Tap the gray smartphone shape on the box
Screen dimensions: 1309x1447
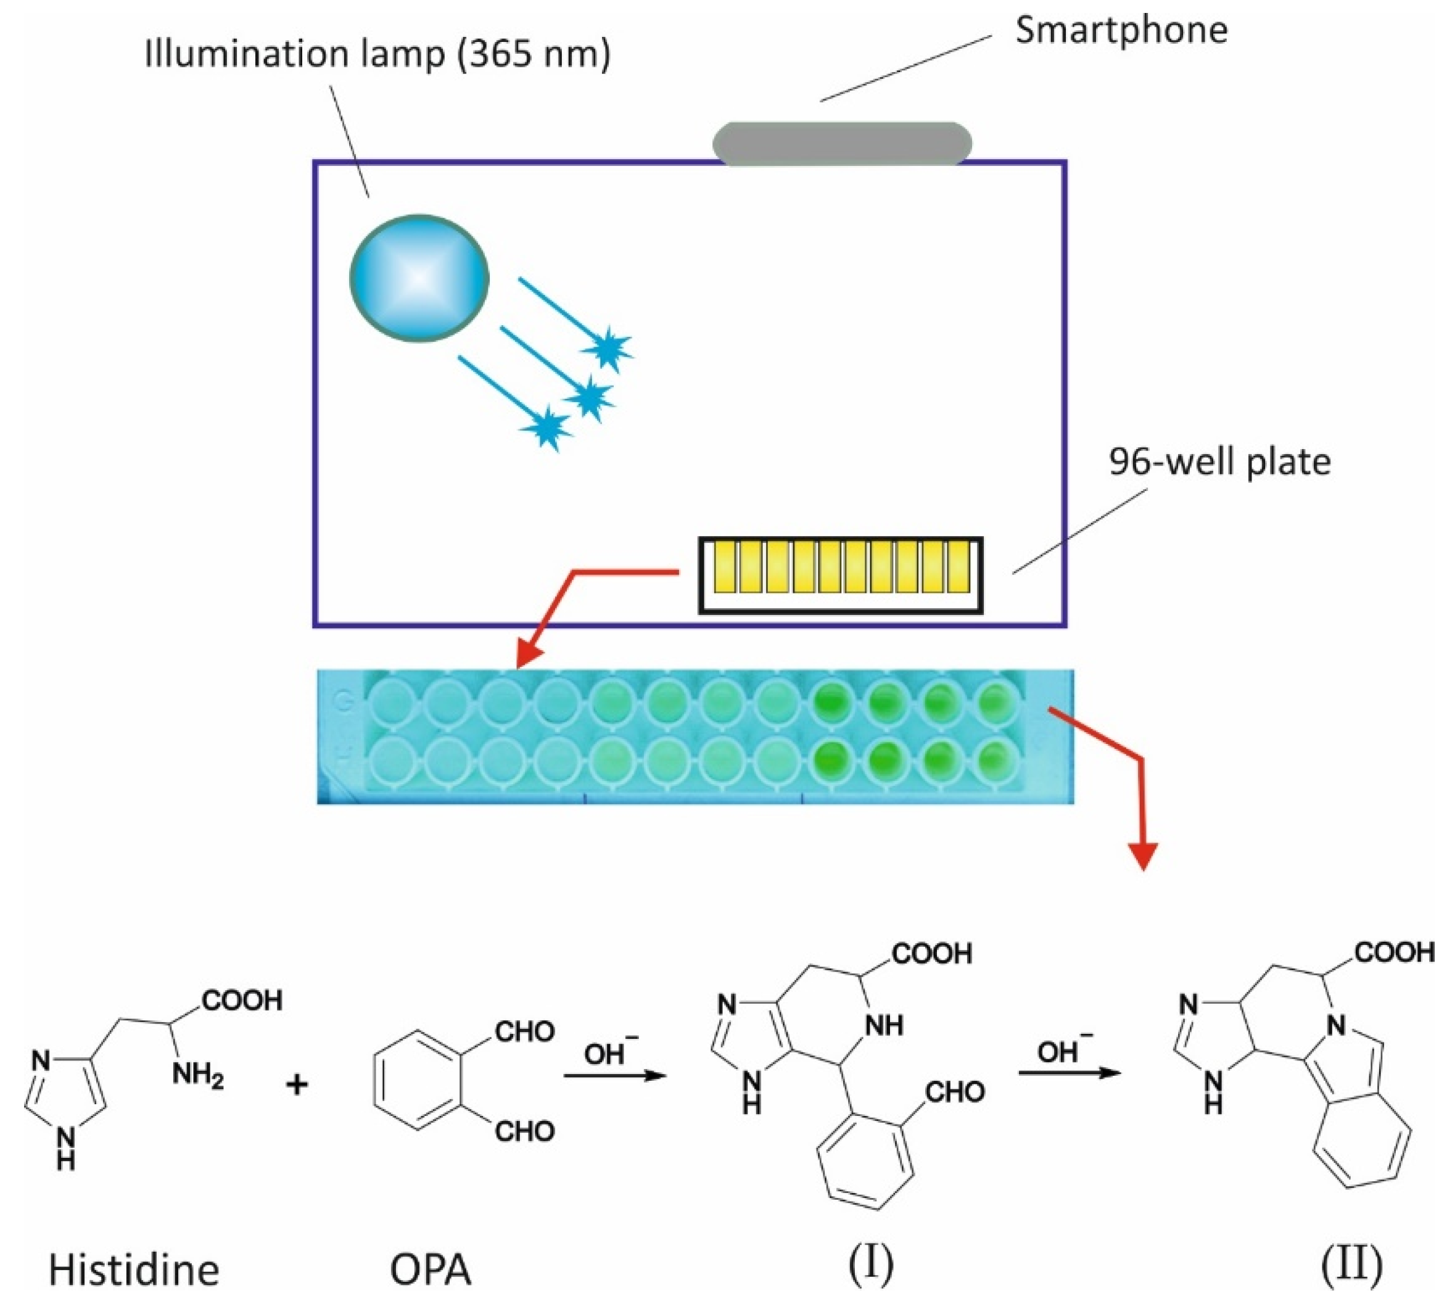point(841,144)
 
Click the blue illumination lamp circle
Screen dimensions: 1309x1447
point(419,278)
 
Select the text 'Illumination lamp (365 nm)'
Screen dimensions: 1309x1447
point(377,54)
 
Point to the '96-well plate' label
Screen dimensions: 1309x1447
point(1219,462)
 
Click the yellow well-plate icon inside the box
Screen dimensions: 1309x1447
point(841,575)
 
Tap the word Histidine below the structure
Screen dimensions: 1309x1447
point(133,1270)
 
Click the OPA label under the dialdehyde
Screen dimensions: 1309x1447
point(430,1270)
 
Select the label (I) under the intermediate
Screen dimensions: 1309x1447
point(871,1265)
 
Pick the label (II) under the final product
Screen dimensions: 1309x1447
point(1351,1265)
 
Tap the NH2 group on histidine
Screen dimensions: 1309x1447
point(197,1076)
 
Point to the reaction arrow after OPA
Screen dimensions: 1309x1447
point(614,1075)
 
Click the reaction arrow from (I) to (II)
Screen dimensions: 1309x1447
point(1070,1073)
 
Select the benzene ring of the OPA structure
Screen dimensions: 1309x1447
point(416,1081)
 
